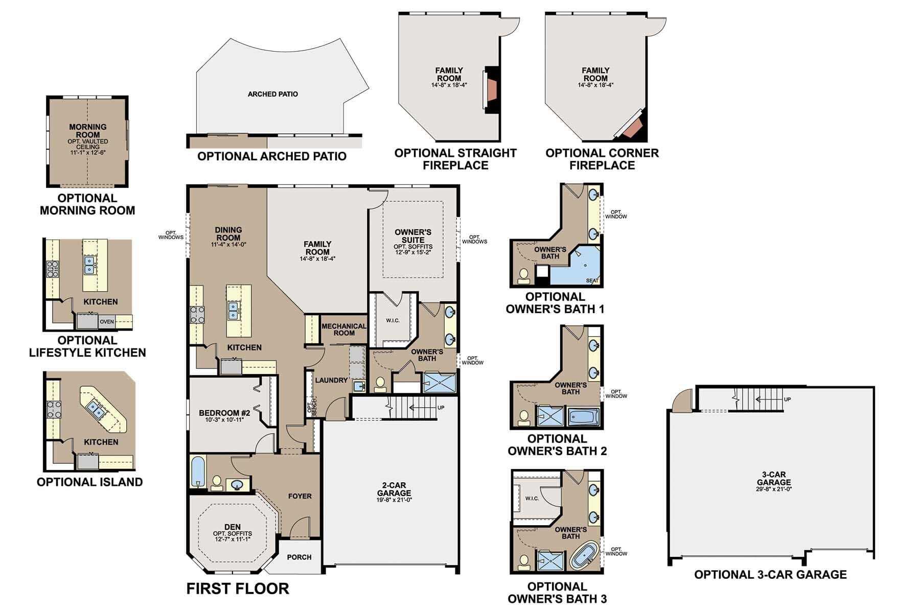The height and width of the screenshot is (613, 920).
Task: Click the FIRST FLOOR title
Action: coord(238,588)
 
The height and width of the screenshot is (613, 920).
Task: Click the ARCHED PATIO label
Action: coord(272,94)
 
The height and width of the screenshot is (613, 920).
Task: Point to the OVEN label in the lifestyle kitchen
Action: coord(107,322)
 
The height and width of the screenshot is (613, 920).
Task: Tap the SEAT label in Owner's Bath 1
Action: coord(592,280)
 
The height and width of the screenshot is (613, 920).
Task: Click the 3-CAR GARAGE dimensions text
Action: coord(774,489)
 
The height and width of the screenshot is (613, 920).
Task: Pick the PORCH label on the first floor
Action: coord(299,557)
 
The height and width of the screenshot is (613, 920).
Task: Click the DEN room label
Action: coord(233,527)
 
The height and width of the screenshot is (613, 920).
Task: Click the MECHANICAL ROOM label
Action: coord(344,329)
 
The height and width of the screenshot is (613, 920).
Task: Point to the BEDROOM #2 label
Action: coord(224,413)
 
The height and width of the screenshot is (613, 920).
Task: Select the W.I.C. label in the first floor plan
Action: coord(393,320)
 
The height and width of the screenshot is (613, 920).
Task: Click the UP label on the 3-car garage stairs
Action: coord(787,399)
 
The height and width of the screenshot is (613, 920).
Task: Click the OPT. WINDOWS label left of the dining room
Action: coord(171,235)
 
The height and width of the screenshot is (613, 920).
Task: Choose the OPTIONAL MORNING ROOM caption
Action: coord(87,204)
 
